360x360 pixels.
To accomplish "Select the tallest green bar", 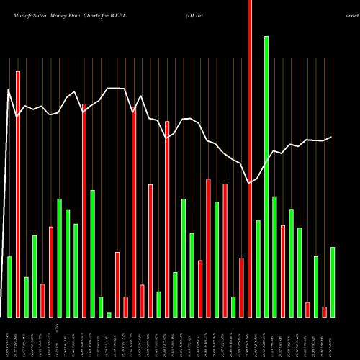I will pyautogui.click(x=266, y=176).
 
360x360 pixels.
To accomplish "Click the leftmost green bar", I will pyautogui.click(x=9, y=287).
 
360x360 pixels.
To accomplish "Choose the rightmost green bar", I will pyautogui.click(x=333, y=282).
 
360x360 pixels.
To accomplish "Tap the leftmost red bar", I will pyautogui.click(x=18, y=194).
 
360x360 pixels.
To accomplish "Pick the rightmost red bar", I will pyautogui.click(x=324, y=312).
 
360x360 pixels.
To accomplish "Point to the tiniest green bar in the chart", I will pyautogui.click(x=109, y=315).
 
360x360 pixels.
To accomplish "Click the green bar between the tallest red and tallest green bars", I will pyautogui.click(x=258, y=269).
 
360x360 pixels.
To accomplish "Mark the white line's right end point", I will pyautogui.click(x=332, y=137).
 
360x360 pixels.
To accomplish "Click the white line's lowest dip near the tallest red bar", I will pyautogui.click(x=250, y=184).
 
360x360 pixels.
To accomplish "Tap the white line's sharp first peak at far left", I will pyautogui.click(x=8, y=90).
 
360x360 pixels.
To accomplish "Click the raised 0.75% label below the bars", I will pyautogui.click(x=58, y=325).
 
